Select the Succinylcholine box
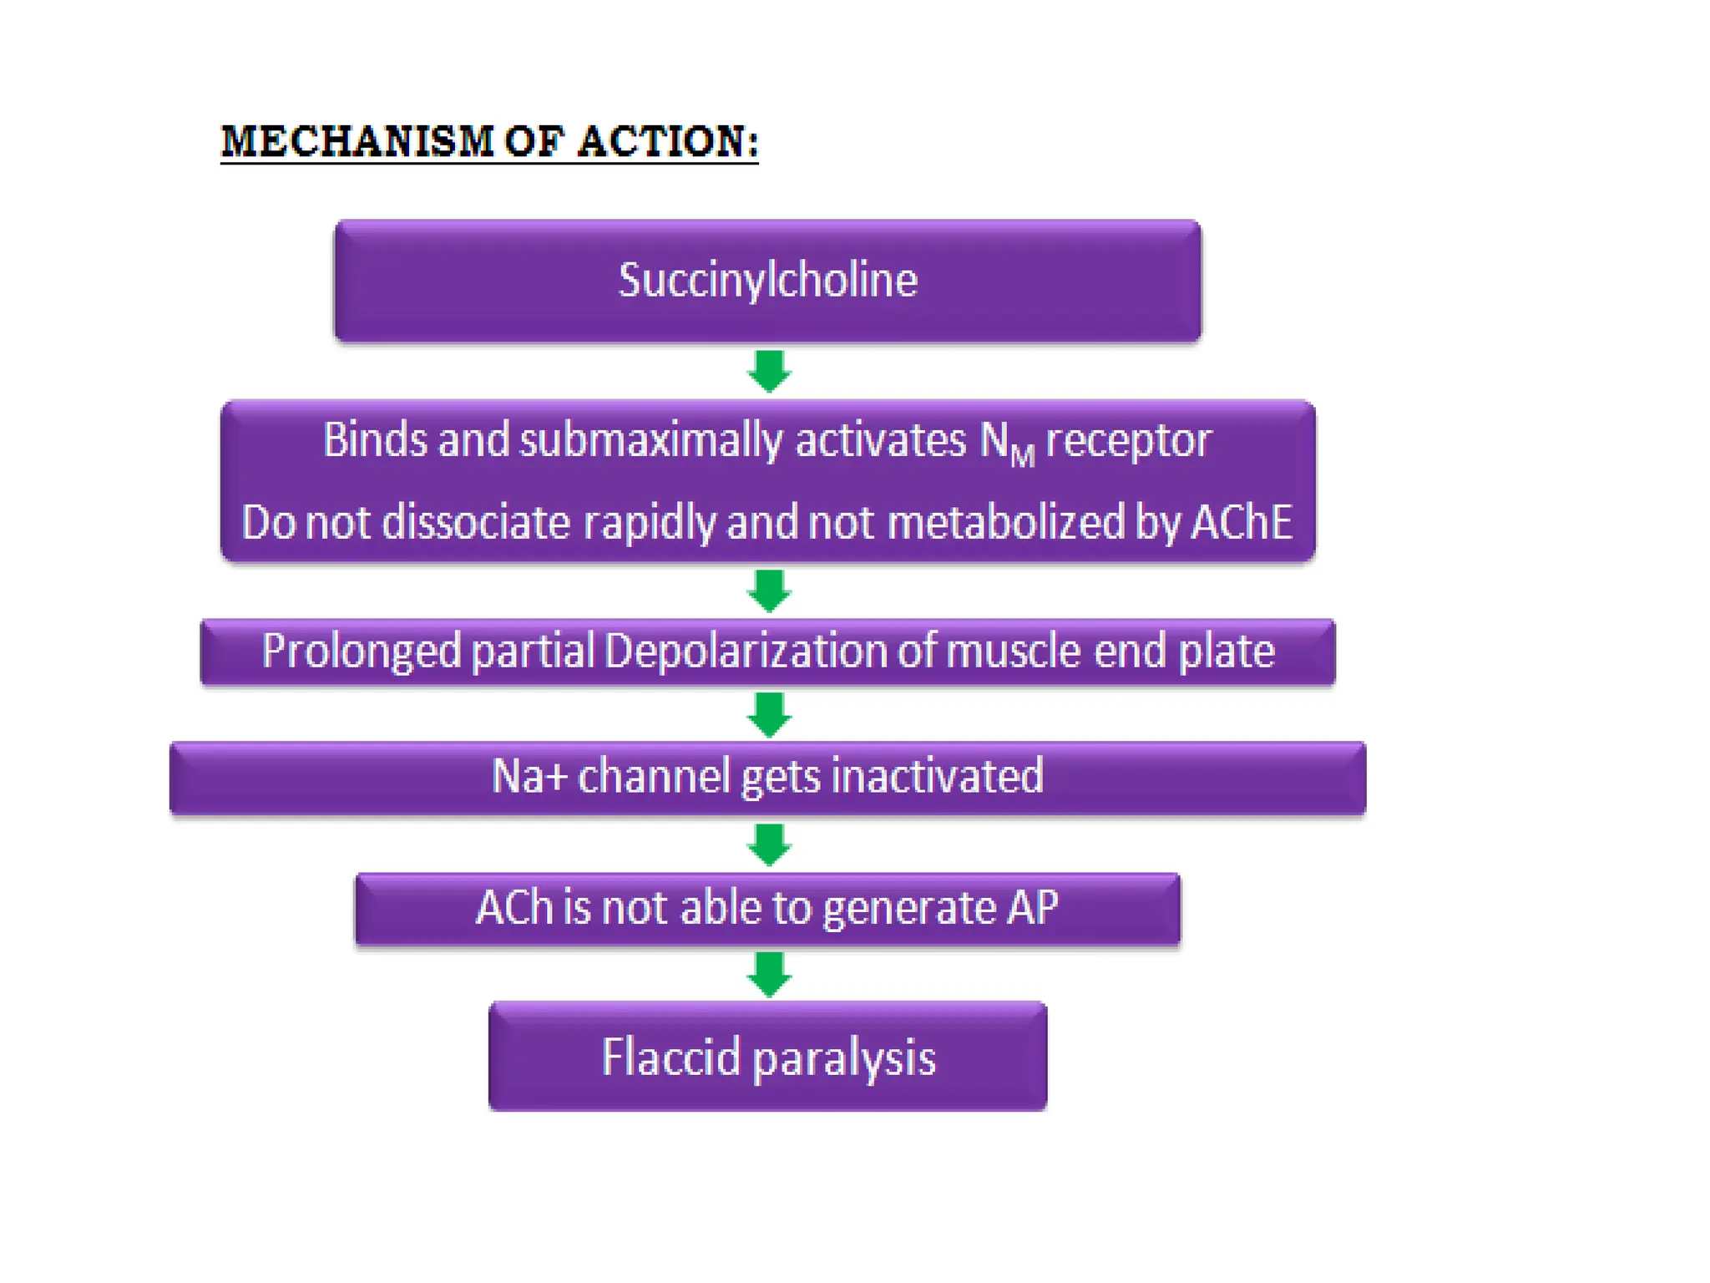click(767, 280)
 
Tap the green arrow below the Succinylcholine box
click(769, 371)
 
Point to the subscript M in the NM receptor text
click(1023, 456)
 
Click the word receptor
click(1128, 440)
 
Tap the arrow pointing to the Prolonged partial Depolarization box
click(769, 591)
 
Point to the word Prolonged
click(361, 651)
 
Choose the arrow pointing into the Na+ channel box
click(769, 714)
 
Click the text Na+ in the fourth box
click(529, 776)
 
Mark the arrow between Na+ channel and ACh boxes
click(769, 844)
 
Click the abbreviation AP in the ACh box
click(1033, 907)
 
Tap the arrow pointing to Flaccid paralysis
click(769, 973)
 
